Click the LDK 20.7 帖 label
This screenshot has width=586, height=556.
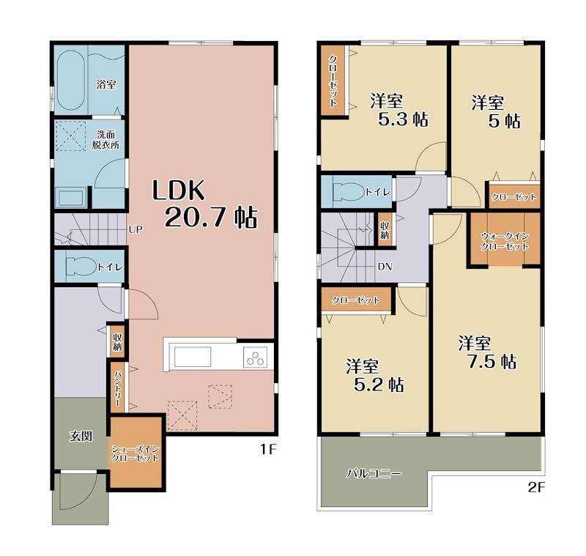point(205,204)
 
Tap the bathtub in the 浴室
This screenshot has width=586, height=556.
point(70,81)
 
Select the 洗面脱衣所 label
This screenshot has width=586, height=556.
point(105,139)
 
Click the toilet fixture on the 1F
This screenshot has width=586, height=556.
point(81,267)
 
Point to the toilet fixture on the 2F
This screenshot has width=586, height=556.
point(349,193)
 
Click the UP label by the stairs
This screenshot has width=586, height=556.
point(136,229)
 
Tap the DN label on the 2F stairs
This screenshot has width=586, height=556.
point(385,267)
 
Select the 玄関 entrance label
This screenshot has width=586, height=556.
point(81,436)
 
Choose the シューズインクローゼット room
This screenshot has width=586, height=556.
point(136,453)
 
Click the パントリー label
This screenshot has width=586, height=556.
point(118,388)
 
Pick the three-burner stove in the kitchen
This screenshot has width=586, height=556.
point(256,357)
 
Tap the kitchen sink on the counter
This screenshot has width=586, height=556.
point(193,357)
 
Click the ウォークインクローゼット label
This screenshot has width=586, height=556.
point(505,241)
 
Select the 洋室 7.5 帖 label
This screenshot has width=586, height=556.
point(487,352)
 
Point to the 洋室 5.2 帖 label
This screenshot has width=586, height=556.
point(374,375)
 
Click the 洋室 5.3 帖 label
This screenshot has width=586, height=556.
point(399,110)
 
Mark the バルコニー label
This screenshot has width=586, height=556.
point(374,473)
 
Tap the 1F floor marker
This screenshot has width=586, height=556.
point(268,449)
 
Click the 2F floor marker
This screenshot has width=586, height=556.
point(537,487)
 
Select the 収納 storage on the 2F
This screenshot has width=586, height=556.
point(384,230)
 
